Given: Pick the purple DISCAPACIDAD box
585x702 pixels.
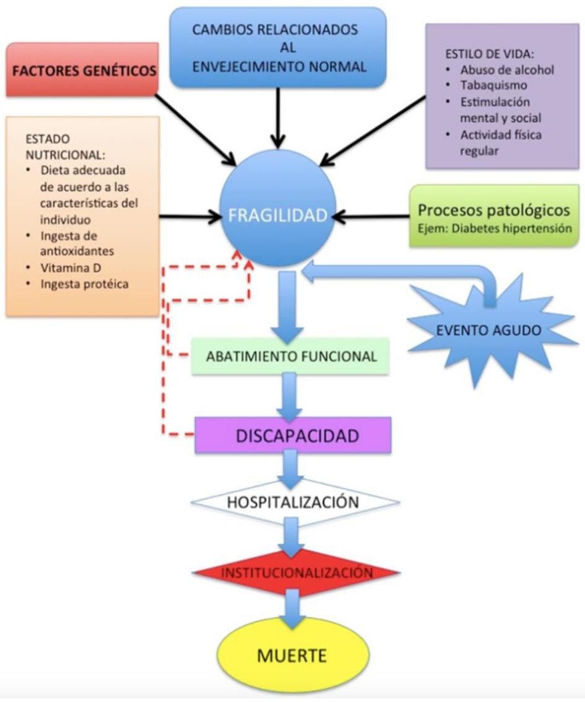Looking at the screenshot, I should click(293, 436).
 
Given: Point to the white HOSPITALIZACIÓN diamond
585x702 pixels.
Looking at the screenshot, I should click(293, 501).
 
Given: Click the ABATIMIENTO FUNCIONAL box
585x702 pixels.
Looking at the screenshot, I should click(291, 356).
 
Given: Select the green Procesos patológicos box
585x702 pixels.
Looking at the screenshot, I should click(494, 217).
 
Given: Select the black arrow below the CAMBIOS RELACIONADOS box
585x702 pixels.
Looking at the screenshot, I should click(279, 115).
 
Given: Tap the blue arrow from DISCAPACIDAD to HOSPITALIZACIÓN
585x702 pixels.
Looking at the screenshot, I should click(292, 468).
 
